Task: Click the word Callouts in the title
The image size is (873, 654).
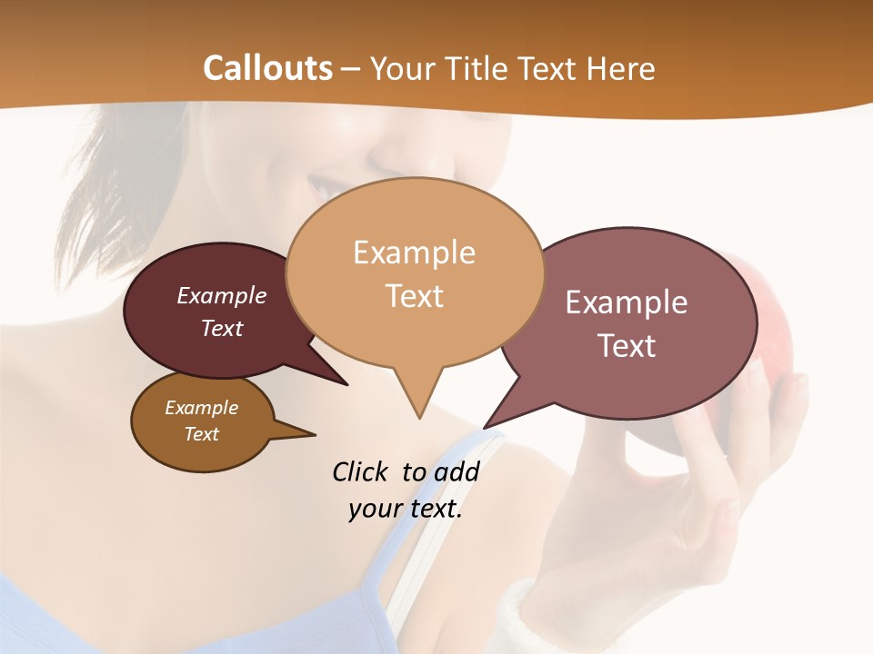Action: click(267, 68)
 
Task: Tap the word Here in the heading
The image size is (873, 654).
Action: click(621, 68)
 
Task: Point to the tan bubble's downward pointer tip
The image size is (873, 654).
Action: click(419, 417)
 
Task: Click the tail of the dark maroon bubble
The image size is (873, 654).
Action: click(336, 378)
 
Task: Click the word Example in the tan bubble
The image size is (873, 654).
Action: click(414, 253)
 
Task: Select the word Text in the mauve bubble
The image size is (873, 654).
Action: click(627, 346)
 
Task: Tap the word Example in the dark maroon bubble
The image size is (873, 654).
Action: click(222, 296)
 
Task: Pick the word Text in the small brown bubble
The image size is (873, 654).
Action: click(202, 434)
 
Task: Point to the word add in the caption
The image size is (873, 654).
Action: click(457, 472)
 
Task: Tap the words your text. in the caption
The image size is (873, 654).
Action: click(406, 509)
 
